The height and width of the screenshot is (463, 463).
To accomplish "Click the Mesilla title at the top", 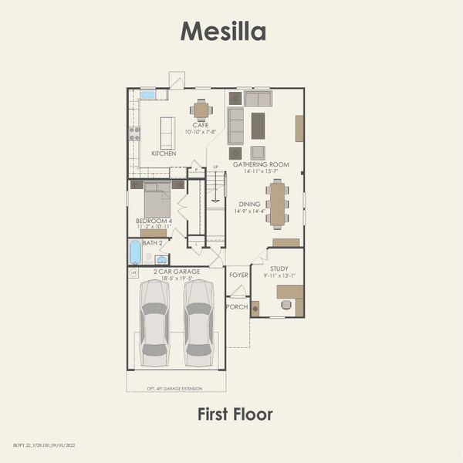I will pyautogui.click(x=223, y=31).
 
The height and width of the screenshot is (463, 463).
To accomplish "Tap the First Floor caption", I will pyautogui.click(x=235, y=414).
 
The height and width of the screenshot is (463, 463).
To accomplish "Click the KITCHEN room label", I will pyautogui.click(x=164, y=154).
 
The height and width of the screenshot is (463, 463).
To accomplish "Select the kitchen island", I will pyautogui.click(x=167, y=132).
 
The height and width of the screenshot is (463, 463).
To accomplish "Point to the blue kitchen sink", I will pyautogui.click(x=147, y=95).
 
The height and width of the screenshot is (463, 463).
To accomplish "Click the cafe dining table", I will pyautogui.click(x=201, y=108).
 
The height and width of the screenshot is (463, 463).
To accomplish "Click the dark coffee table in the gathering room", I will pyautogui.click(x=258, y=125).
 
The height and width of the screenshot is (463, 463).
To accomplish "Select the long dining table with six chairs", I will pyautogui.click(x=277, y=203).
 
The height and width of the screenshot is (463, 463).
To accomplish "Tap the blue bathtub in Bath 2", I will pyautogui.click(x=136, y=252).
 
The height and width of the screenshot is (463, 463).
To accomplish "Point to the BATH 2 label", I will pyautogui.click(x=153, y=243).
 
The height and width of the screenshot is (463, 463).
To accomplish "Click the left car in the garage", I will pyautogui.click(x=154, y=323).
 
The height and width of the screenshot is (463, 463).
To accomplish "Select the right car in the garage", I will pyautogui.click(x=198, y=323).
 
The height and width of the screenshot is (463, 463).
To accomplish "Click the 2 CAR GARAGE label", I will pyautogui.click(x=176, y=272).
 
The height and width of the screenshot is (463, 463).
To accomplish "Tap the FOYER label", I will pyautogui.click(x=238, y=274).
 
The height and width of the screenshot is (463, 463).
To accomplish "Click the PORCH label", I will pyautogui.click(x=237, y=306).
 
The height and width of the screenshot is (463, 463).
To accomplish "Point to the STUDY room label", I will pyautogui.click(x=279, y=267).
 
